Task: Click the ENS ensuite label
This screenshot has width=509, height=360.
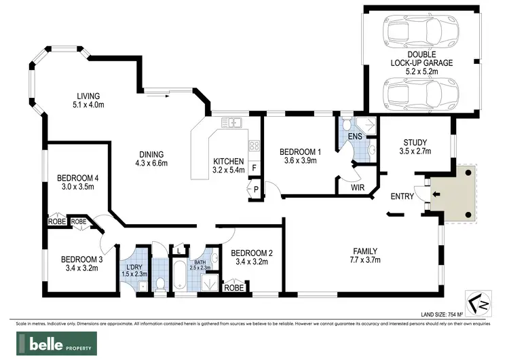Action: coord(354,135)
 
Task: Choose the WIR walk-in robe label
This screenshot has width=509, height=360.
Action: coord(358,186)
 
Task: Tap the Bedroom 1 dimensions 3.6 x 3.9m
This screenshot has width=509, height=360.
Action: coord(298,160)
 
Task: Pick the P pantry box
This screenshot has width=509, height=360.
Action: coord(255,190)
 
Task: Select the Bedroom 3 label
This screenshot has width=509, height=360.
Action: coord(80,263)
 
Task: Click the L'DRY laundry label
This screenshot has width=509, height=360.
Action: coord(132,269)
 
